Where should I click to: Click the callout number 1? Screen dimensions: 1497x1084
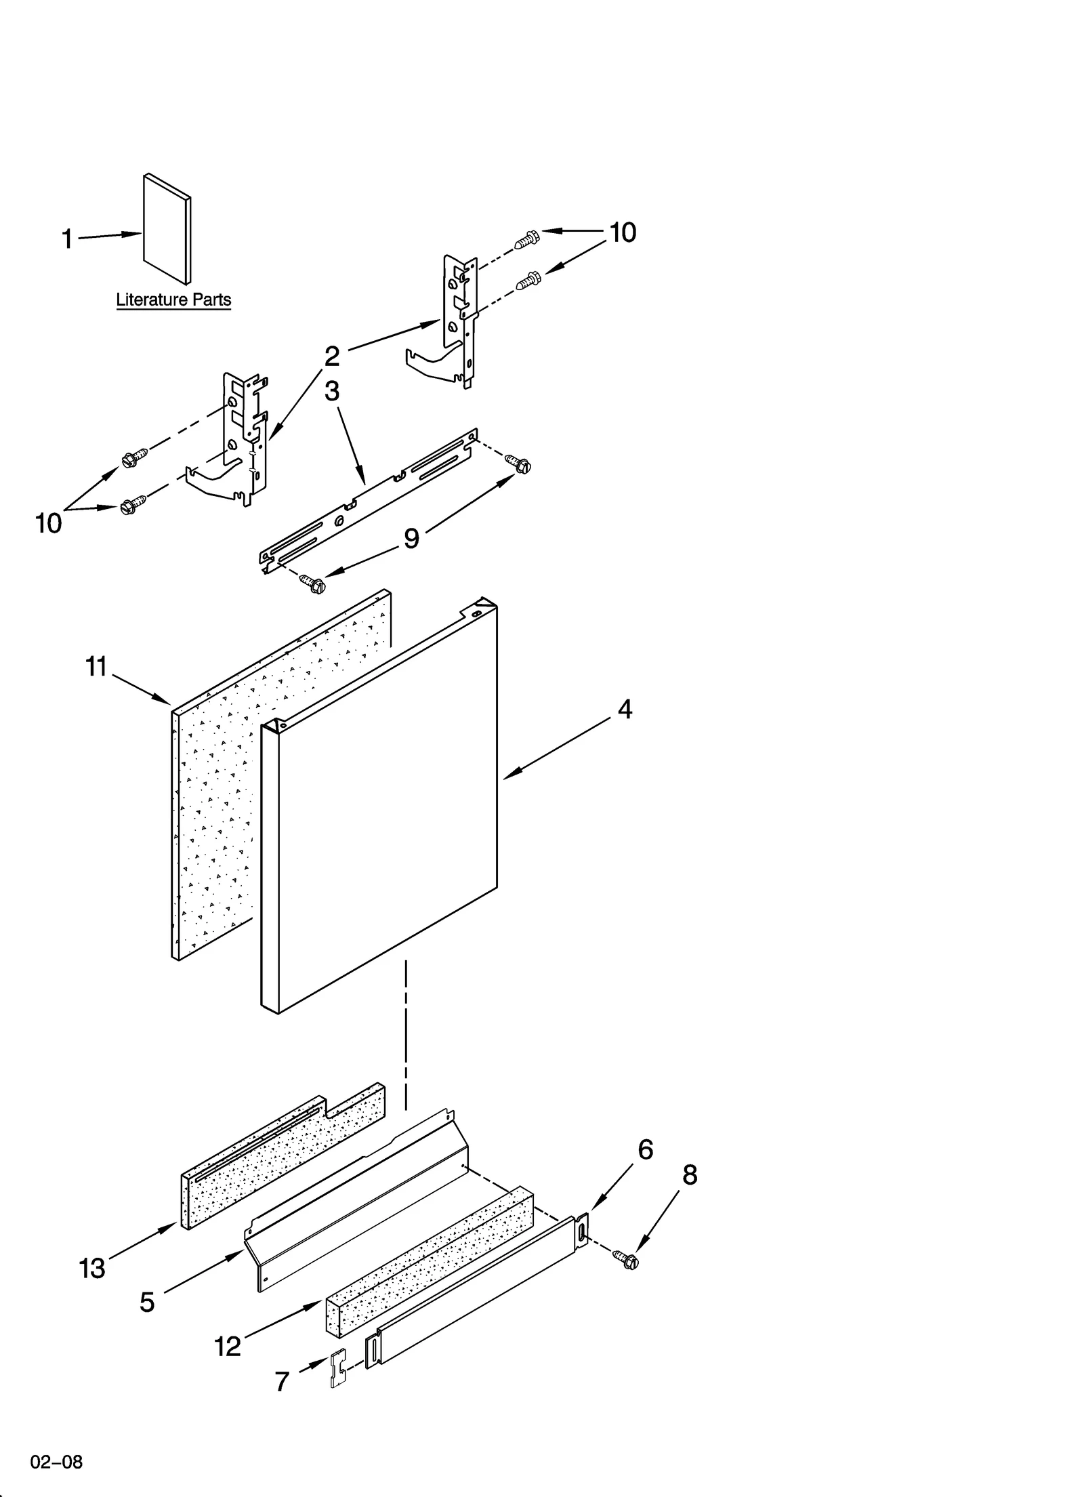(67, 239)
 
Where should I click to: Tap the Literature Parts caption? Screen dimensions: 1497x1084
(173, 300)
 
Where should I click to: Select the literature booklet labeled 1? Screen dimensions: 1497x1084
(167, 229)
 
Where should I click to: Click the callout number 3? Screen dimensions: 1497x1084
(331, 391)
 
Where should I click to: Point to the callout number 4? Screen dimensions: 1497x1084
(624, 710)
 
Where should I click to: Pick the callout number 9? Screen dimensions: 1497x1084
(411, 538)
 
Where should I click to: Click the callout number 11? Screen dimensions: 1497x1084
(96, 667)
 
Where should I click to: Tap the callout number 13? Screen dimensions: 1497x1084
(92, 1268)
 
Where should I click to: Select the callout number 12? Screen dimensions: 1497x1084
(228, 1346)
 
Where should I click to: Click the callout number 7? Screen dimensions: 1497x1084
(283, 1382)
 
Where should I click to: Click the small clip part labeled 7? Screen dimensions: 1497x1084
(338, 1367)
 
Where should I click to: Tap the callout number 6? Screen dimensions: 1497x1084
(645, 1150)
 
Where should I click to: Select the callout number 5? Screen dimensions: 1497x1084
(147, 1302)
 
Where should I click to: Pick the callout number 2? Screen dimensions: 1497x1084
(331, 356)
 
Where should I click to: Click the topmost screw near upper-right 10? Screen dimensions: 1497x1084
(527, 239)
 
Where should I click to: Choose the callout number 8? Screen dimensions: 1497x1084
(689, 1175)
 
